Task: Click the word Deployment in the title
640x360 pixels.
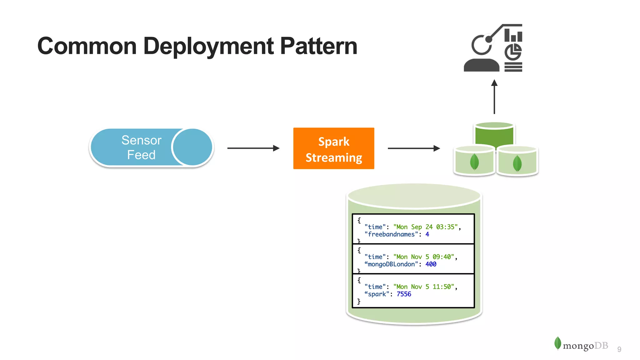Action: pos(208,46)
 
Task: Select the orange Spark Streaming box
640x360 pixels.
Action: pos(333,148)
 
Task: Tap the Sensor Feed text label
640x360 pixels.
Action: pos(141,147)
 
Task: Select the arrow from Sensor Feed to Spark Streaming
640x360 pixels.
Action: pos(253,148)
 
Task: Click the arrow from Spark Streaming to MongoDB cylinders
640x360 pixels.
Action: pos(413,148)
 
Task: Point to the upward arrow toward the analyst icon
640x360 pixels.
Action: pos(494,97)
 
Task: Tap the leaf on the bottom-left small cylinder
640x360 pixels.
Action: pos(474,162)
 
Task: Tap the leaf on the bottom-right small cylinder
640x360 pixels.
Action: pos(517,163)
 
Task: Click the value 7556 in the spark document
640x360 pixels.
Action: pos(404,294)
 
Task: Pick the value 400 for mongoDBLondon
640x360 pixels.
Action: pos(431,264)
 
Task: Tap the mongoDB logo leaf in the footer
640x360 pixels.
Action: pos(557,343)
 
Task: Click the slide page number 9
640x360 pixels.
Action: pos(619,349)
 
